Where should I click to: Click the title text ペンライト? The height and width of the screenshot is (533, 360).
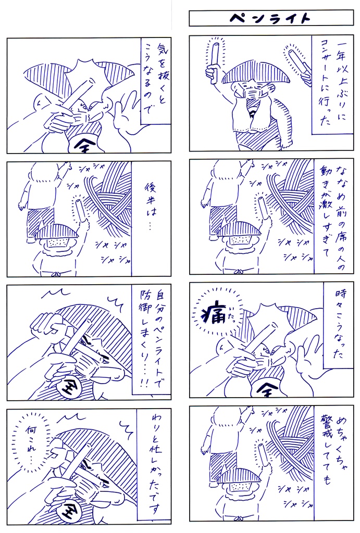[x=271, y=18]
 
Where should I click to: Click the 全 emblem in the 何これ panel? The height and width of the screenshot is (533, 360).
[x=68, y=511]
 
